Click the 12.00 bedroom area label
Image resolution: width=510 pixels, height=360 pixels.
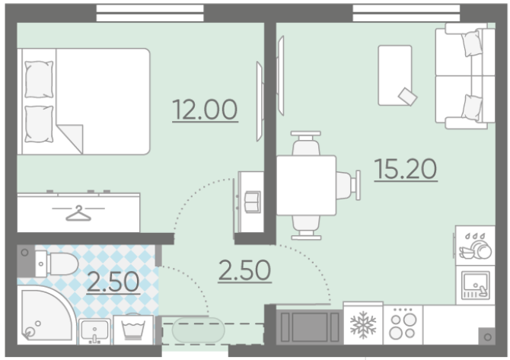pyautogui.click(x=205, y=110)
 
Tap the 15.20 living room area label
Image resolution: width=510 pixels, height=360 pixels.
pyautogui.click(x=406, y=169)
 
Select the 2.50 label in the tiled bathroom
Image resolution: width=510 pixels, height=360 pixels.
pyautogui.click(x=113, y=282)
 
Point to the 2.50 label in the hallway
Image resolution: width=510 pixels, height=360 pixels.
pyautogui.click(x=244, y=270)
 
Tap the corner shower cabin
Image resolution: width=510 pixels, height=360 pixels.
pyautogui.click(x=47, y=314)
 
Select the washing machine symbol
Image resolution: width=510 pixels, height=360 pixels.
pyautogui.click(x=133, y=330)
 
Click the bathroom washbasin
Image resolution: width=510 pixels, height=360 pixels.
pyautogui.click(x=94, y=331)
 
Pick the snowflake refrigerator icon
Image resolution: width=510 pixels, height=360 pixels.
pyautogui.click(x=363, y=325)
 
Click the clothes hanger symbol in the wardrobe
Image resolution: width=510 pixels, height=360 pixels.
pyautogui.click(x=78, y=213)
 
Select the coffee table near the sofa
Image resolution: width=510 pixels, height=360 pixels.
pyautogui.click(x=395, y=75)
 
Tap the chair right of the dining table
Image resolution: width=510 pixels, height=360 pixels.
pyautogui.click(x=349, y=186)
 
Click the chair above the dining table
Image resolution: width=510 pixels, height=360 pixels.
pyautogui.click(x=306, y=143)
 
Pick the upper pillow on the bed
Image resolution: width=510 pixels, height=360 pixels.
pyautogui.click(x=39, y=79)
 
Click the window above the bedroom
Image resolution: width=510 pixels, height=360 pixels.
pyautogui.click(x=150, y=13)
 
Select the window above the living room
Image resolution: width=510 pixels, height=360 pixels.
pyautogui.click(x=406, y=13)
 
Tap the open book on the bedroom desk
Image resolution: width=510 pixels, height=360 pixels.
pyautogui.click(x=253, y=202)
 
